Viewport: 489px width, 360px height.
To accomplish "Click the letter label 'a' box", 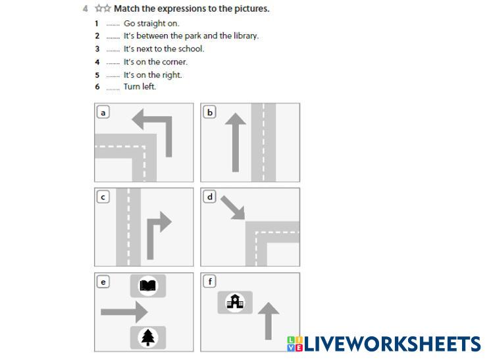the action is [103, 113].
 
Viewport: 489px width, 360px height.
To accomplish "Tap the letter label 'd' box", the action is [209, 197].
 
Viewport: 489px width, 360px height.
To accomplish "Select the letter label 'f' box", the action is [209, 282].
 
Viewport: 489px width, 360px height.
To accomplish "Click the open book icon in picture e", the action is [148, 286].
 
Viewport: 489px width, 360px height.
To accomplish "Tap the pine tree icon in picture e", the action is [148, 338].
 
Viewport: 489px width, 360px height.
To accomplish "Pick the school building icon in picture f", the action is [235, 301].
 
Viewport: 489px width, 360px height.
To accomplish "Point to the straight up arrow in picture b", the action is [236, 142].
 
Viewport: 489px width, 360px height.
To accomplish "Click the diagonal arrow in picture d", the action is [232, 208].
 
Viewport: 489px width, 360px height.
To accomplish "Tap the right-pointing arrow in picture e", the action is [124, 312].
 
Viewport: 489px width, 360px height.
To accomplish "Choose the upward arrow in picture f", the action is [269, 321].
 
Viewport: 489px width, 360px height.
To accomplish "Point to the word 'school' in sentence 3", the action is [191, 49].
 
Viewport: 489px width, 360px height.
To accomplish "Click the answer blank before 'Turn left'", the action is [113, 90].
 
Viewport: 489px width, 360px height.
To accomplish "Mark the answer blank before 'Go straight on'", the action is [113, 25].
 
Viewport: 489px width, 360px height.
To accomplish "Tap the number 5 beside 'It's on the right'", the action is [97, 75].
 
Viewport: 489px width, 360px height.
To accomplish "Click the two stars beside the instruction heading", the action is [103, 8].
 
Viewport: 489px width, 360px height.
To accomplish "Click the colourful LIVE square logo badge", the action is [295, 344].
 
